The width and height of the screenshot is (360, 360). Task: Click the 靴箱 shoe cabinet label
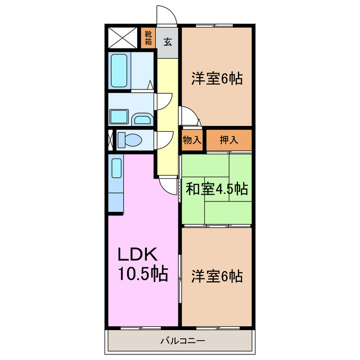(148, 38)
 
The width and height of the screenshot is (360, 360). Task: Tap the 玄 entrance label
(168, 42)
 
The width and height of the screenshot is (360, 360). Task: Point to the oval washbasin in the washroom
(142, 119)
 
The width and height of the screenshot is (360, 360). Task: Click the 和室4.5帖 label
(217, 189)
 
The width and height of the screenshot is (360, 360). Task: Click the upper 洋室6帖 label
(217, 79)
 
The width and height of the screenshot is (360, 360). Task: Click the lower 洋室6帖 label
(217, 276)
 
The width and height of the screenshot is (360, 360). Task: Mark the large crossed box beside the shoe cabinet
(123, 38)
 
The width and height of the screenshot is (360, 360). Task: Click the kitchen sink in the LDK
(116, 168)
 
